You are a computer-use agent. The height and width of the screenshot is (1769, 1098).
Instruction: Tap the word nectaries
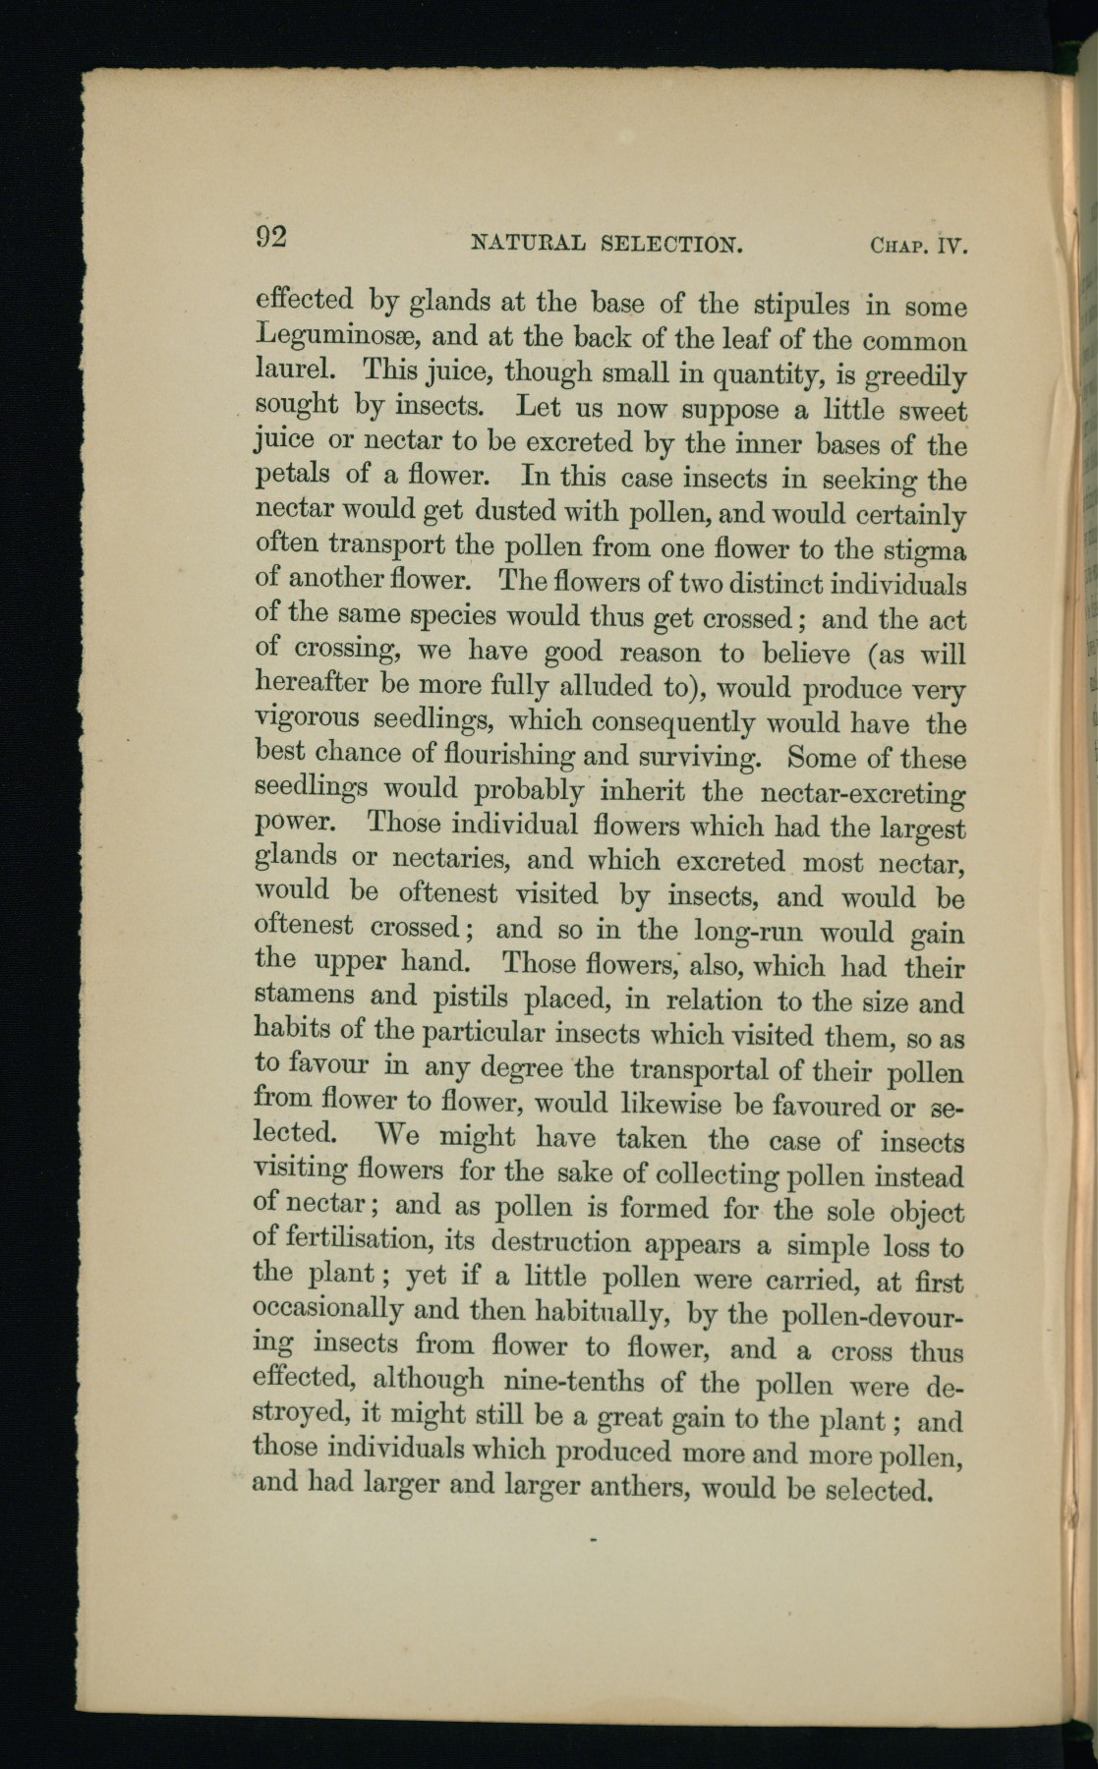451,859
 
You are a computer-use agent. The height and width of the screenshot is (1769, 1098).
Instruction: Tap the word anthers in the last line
639,1488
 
